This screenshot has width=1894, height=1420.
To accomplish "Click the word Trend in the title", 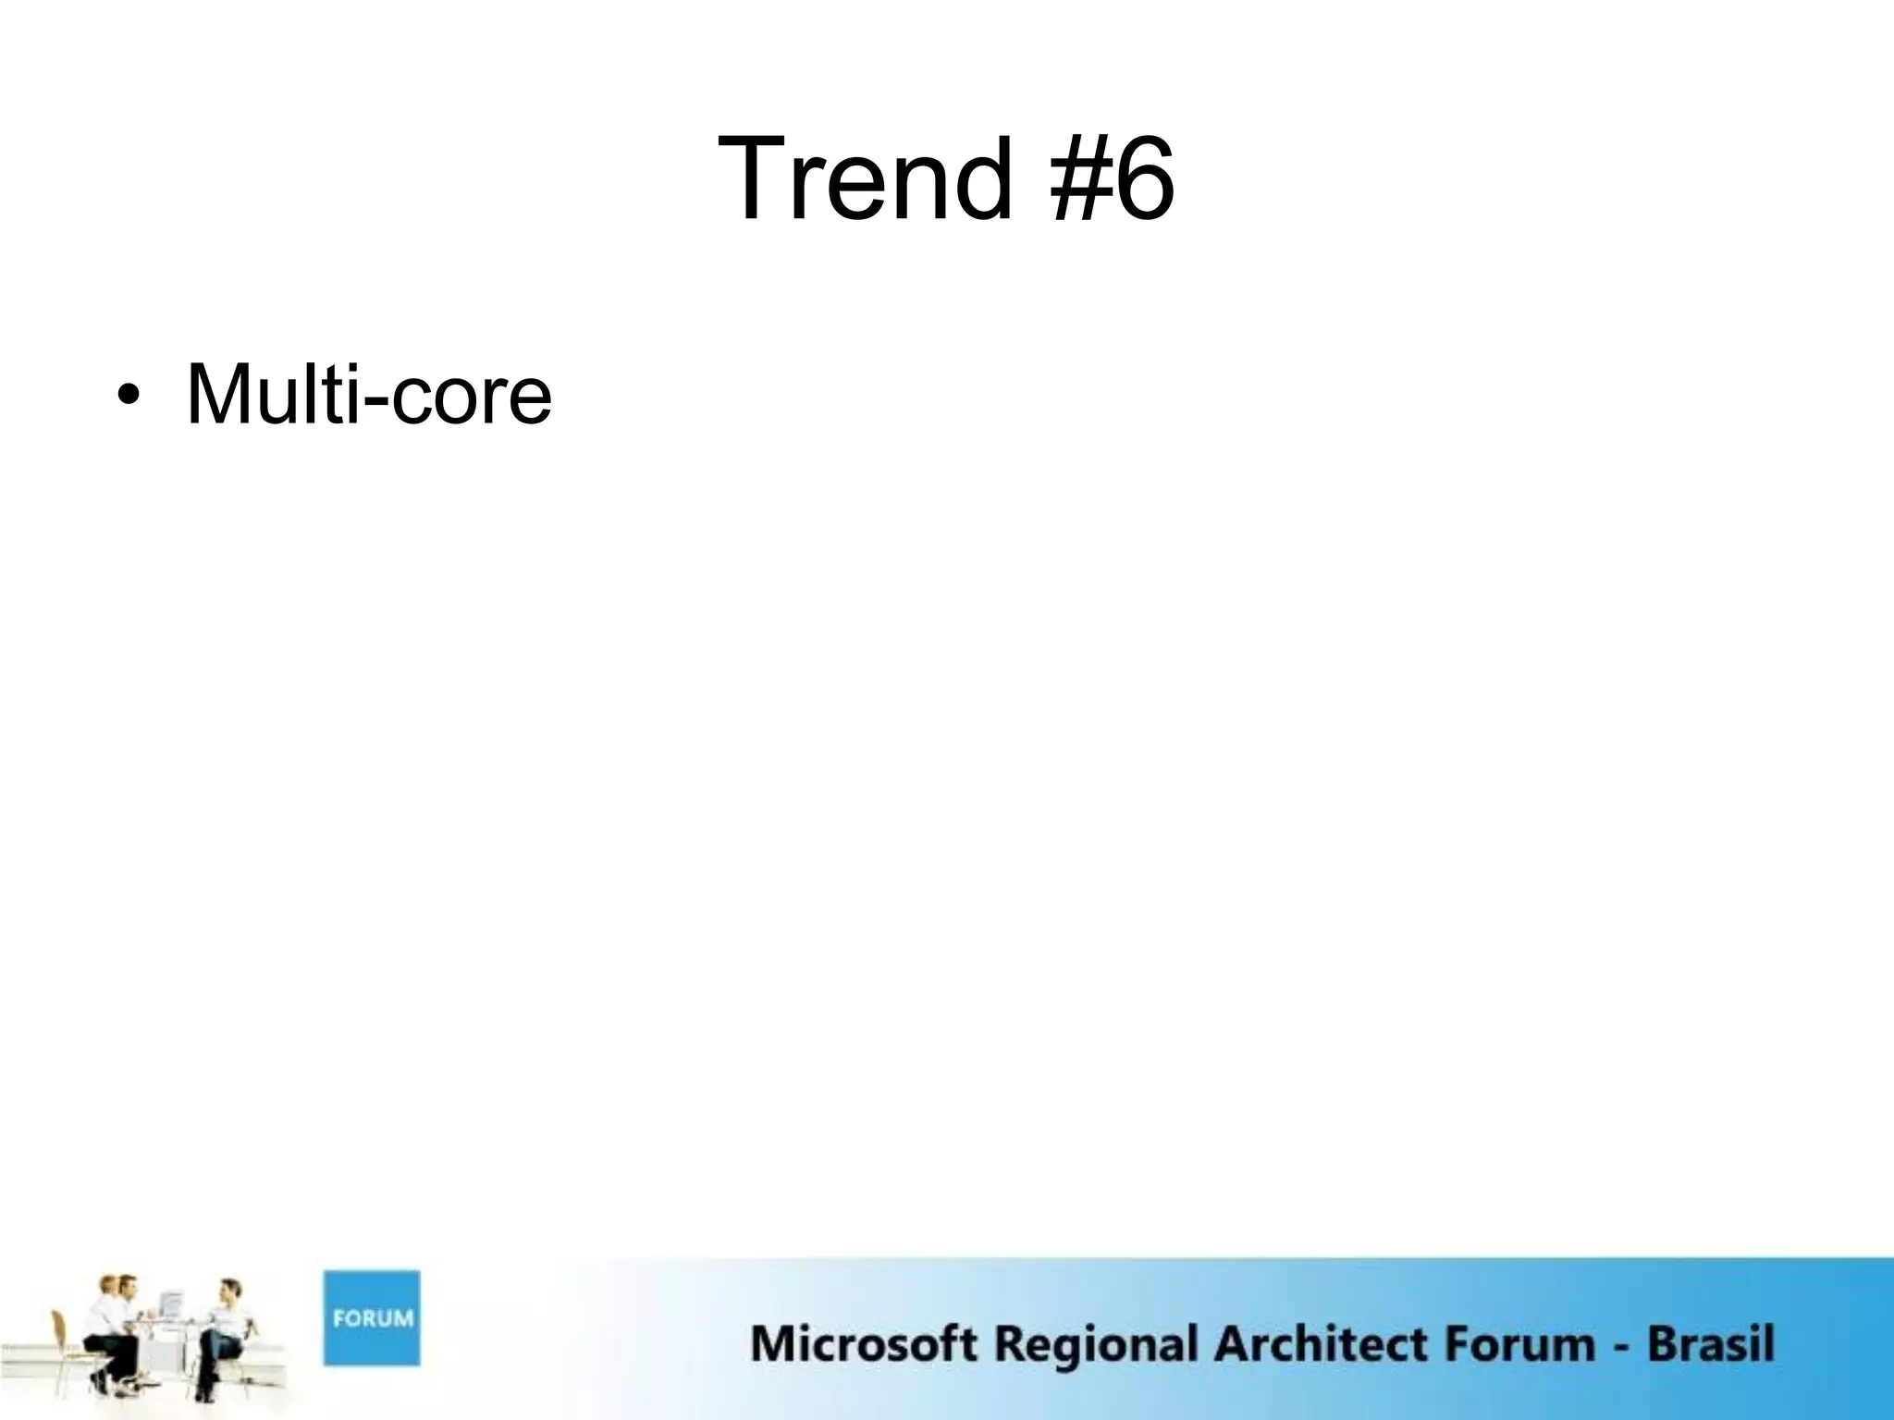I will (x=865, y=178).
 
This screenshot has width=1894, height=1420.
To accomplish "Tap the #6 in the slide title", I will (x=1112, y=178).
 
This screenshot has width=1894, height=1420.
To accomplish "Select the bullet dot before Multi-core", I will (x=128, y=397).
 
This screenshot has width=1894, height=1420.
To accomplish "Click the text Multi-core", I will (x=369, y=396).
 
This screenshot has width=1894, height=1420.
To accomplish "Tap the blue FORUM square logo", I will (x=371, y=1317).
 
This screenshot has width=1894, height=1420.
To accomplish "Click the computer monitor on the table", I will (x=171, y=1305).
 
